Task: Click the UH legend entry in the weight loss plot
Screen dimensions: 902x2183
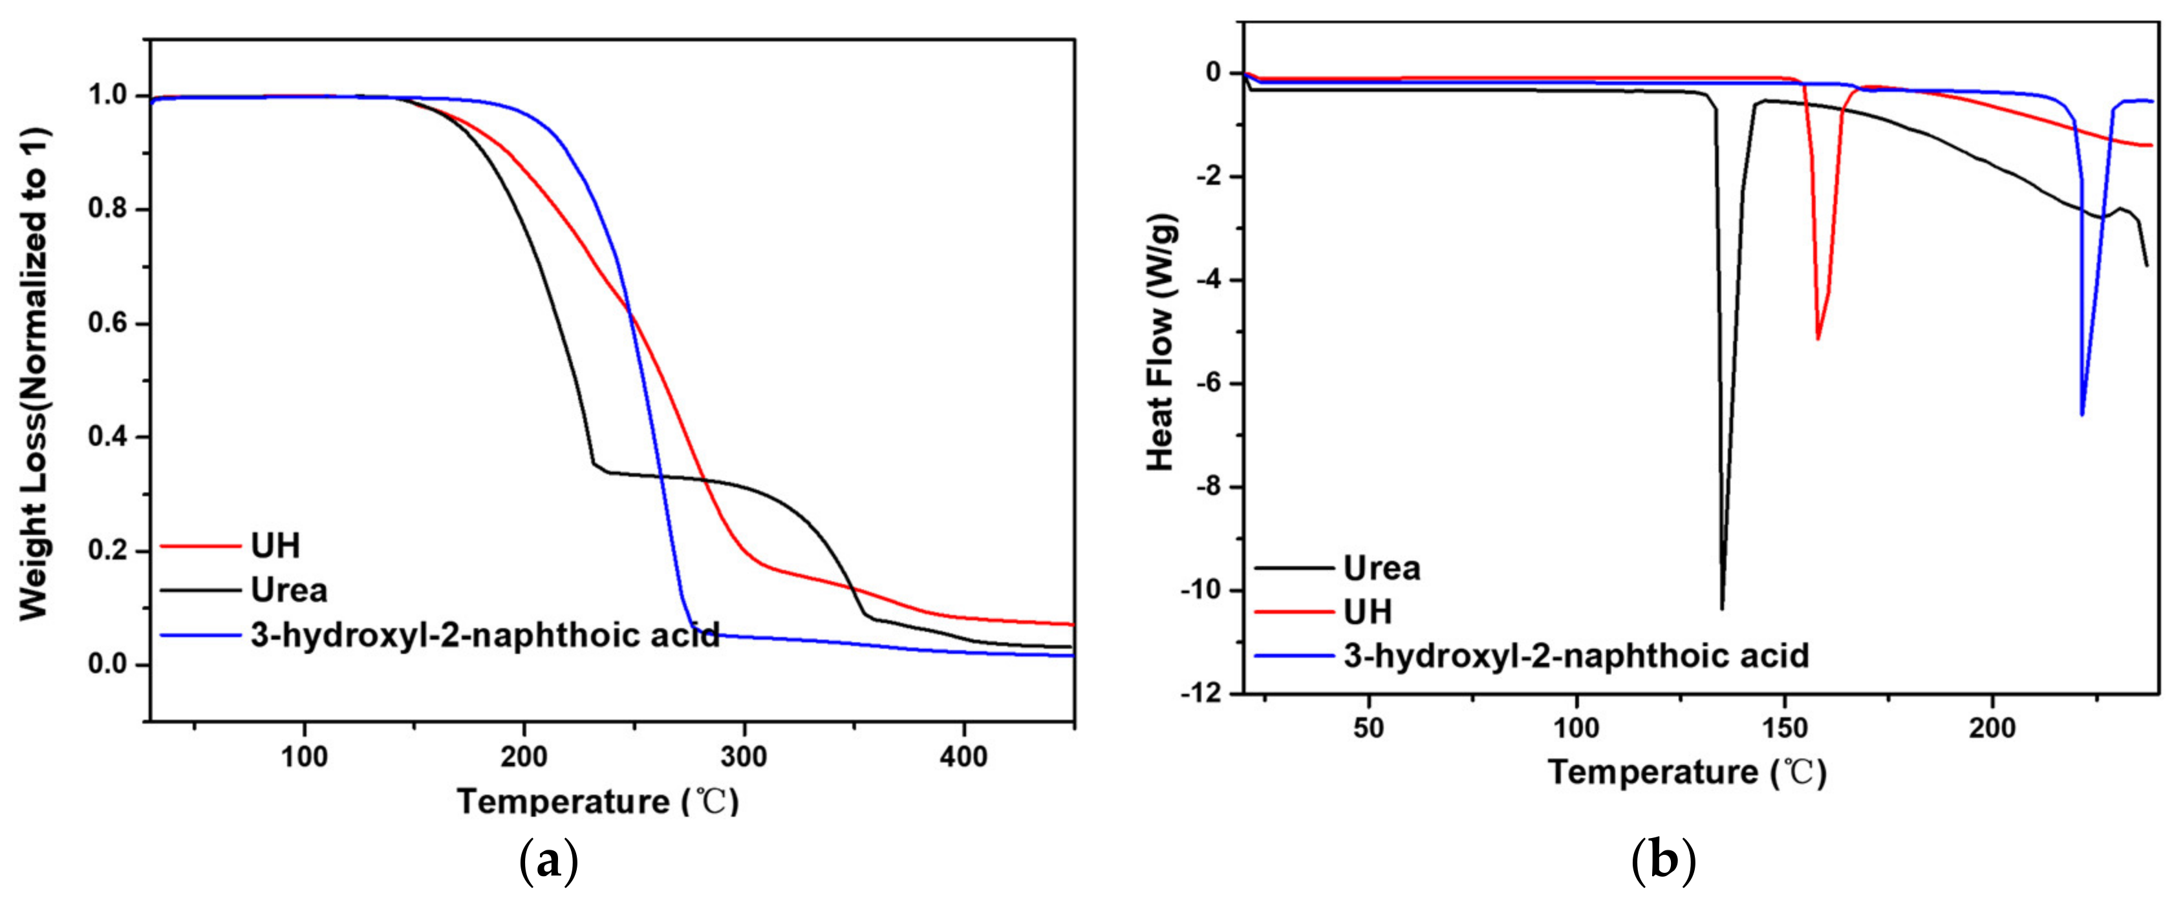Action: click(275, 546)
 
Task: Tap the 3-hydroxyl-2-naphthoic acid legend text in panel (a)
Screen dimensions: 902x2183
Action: click(485, 635)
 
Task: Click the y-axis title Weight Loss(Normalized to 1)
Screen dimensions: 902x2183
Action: click(35, 373)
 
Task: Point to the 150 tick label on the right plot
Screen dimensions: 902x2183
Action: click(1784, 728)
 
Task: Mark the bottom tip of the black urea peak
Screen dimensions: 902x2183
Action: click(1722, 608)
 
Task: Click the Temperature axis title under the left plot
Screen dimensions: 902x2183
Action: click(597, 801)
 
